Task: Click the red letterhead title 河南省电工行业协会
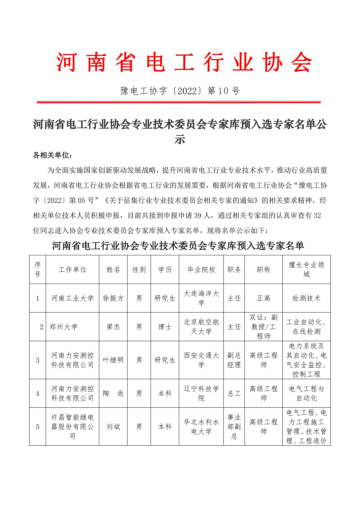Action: tap(184, 62)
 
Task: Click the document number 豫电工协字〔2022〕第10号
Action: tap(180, 91)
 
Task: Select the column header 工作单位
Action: tap(72, 270)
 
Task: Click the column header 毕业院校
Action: tap(201, 270)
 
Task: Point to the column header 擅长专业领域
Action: tap(306, 270)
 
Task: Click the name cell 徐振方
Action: tap(113, 298)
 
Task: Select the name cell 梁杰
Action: tap(113, 327)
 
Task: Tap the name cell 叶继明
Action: tap(113, 360)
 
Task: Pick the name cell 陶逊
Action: tap(113, 393)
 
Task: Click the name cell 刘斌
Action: tap(113, 427)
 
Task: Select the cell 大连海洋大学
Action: tap(201, 298)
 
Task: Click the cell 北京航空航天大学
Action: tap(201, 327)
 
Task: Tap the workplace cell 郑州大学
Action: tap(64, 327)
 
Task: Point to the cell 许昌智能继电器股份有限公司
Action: tap(72, 427)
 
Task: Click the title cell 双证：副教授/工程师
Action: tap(263, 327)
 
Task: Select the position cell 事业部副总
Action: tap(234, 427)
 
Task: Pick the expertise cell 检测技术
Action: tap(306, 298)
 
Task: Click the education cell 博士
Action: tap(165, 327)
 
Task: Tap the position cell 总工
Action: tap(234, 393)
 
